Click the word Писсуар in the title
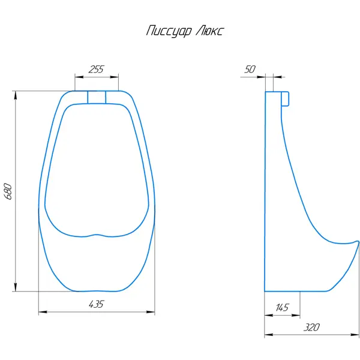coord(169,31)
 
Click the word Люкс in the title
coord(209,31)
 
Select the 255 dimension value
coord(96,69)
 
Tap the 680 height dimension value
coord(8,191)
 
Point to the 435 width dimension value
coord(97,304)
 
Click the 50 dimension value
coord(250,69)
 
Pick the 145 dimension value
coord(282,307)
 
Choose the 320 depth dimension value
coord(311,328)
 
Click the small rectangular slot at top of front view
coord(97,97)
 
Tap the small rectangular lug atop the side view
coord(285,99)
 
